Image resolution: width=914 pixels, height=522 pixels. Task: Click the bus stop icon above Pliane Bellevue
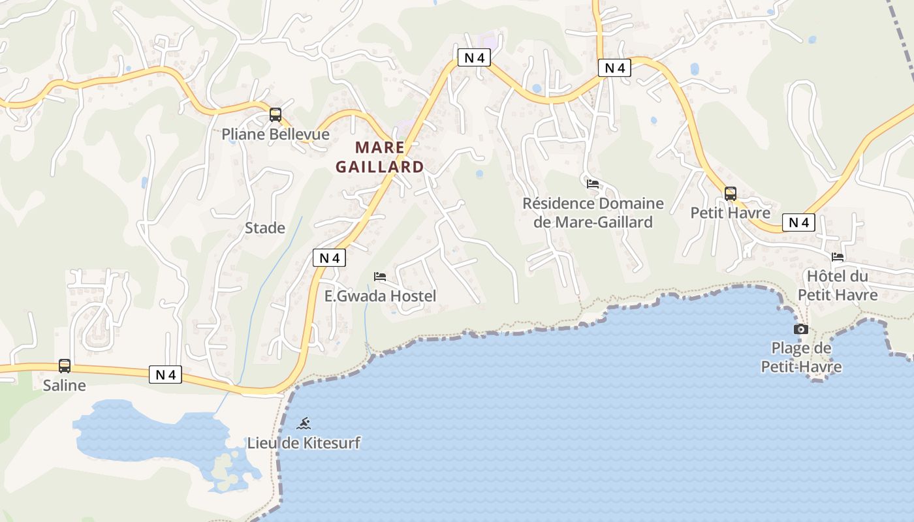[276, 115]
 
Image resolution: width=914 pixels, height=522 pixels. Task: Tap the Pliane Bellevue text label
[276, 134]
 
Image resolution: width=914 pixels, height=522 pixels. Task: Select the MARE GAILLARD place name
[380, 157]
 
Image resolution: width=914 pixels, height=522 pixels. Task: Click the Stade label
[265, 228]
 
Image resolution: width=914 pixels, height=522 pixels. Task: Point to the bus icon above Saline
[65, 366]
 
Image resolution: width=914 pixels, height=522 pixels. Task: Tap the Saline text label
[65, 385]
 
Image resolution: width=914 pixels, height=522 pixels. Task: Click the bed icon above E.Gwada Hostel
[380, 277]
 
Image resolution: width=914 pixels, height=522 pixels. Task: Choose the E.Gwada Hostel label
[380, 296]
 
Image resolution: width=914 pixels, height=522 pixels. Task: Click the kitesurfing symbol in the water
[304, 424]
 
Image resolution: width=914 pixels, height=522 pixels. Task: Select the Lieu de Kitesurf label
[304, 443]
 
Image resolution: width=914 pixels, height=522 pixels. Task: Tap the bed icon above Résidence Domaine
[593, 184]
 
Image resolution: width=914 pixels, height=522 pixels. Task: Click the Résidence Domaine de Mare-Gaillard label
[593, 213]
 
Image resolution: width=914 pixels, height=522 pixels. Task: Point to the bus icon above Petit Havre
[731, 194]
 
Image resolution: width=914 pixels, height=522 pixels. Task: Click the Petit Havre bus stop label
[731, 213]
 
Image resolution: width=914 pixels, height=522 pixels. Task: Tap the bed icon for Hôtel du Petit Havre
[838, 257]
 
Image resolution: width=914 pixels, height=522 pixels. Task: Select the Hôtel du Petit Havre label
[838, 286]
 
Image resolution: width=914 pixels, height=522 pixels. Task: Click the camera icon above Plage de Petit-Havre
[801, 330]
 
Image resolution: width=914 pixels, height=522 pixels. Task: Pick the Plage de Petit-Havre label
[801, 358]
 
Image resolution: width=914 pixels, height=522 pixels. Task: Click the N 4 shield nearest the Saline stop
[166, 375]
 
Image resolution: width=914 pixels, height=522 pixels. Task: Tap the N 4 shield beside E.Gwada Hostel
[330, 258]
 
